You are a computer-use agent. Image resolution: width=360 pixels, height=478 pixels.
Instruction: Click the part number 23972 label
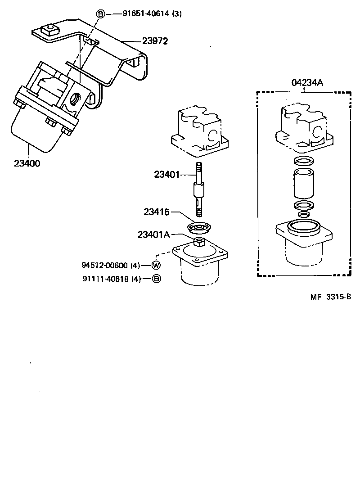[155, 41]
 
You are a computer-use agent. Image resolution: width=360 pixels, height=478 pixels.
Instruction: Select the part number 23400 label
[27, 163]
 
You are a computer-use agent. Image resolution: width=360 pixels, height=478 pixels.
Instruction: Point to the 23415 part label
[157, 212]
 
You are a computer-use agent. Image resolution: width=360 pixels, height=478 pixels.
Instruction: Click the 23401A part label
[154, 234]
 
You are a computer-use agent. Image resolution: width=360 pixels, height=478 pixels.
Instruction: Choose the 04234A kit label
[304, 82]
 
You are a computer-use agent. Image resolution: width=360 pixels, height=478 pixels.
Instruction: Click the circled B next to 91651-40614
[100, 14]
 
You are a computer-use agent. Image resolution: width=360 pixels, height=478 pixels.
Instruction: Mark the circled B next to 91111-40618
[156, 279]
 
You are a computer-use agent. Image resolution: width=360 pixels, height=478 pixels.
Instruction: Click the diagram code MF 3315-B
[330, 297]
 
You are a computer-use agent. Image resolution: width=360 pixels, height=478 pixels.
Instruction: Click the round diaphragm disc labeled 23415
[198, 228]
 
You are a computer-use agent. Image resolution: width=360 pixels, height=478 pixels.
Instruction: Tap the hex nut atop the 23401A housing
[198, 244]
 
